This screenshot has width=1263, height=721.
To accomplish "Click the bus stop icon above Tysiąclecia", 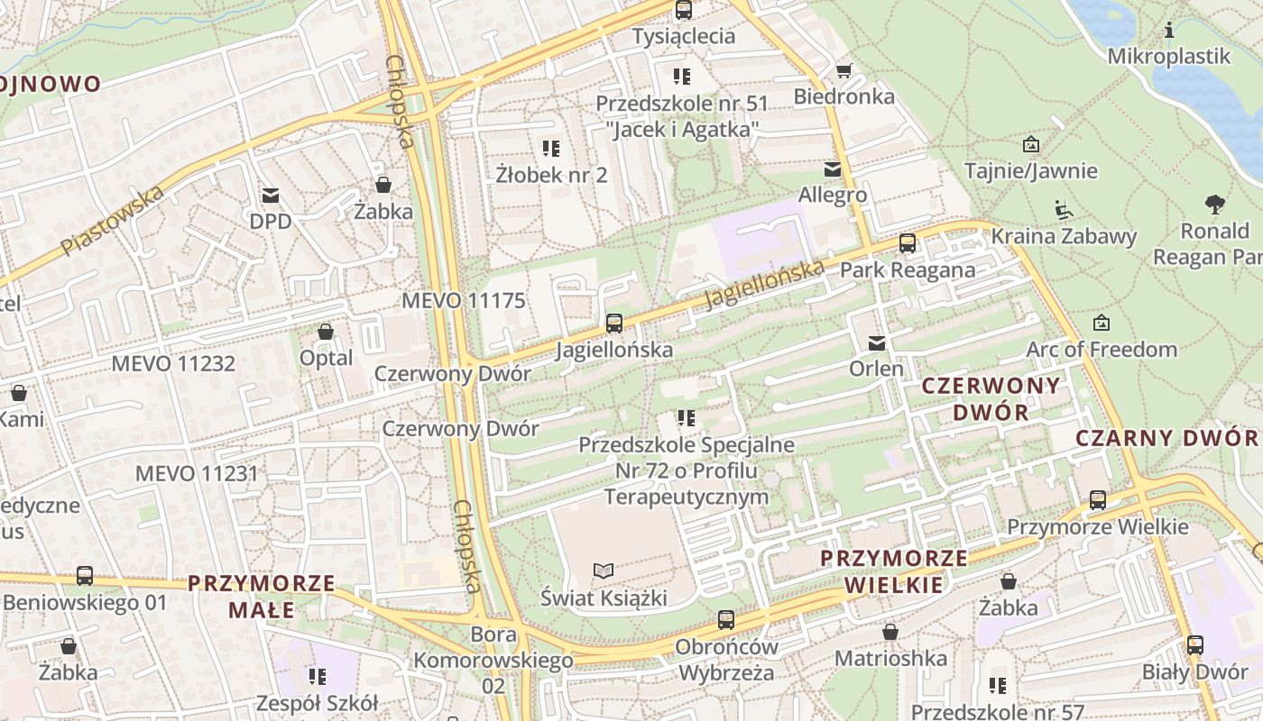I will point(684,11).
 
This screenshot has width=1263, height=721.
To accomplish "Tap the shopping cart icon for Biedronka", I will point(844,70).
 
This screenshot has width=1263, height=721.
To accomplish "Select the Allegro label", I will point(832,195).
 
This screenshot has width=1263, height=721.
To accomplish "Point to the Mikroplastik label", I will point(1168,56).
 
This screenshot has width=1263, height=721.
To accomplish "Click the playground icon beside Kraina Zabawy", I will point(1064,211).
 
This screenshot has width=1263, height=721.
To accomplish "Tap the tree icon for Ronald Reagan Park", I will point(1215,205).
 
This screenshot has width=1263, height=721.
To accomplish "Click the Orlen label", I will point(875,369).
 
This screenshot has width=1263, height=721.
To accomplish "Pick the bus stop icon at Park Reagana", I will point(907,243).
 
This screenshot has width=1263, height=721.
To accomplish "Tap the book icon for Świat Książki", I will point(604,570).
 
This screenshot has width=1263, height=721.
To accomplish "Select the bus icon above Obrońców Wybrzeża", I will point(726,620).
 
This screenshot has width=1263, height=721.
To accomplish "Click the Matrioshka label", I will point(890,658).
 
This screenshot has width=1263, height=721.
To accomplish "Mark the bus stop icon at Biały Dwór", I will point(1194,645).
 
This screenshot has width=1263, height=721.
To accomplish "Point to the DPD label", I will point(271,221).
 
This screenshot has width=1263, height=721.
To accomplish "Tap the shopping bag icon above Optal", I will point(326,333).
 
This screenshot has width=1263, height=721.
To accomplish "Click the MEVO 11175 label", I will point(463,300).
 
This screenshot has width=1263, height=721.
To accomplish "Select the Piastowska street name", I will point(113,220).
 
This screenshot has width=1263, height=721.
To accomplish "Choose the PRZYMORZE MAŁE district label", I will point(261,597).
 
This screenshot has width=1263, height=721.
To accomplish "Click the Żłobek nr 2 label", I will point(551,175).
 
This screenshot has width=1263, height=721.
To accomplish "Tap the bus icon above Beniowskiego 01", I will point(85,575).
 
